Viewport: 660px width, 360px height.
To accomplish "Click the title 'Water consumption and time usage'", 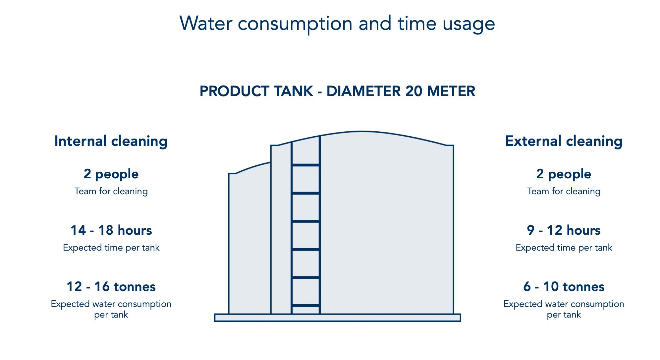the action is pos(337,24).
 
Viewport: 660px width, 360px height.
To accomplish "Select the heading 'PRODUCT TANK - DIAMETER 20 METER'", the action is pos(337,91).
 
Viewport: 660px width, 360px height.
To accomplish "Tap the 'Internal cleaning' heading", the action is pos(111,141).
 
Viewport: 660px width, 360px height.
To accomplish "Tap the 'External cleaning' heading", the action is pos(564,141).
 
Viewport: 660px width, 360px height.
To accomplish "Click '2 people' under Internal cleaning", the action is pos(111,174).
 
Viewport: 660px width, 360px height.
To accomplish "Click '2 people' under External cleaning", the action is pos(564,174).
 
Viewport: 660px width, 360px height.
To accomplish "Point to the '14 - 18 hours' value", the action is pos(111,230).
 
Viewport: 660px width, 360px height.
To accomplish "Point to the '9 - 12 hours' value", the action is pos(564,230).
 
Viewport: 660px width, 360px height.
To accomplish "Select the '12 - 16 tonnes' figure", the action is pos(111,287).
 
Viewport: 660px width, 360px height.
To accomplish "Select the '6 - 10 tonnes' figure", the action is pos(564,287).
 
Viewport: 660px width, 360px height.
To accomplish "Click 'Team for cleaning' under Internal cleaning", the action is pos(111,191).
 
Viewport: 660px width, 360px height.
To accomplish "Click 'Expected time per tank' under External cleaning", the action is pos(564,248).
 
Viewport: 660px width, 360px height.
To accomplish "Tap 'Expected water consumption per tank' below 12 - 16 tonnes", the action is pos(111,309).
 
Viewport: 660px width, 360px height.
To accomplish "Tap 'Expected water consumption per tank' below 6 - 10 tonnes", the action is pos(564,309).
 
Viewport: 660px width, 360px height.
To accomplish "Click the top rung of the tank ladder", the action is pos(305,165).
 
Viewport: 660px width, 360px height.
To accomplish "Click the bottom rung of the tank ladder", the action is pos(305,306).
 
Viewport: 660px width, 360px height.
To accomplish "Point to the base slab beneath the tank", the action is pos(337,318).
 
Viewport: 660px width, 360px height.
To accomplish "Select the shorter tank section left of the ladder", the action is pos(249,242).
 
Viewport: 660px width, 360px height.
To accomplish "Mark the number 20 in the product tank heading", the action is pos(414,91).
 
